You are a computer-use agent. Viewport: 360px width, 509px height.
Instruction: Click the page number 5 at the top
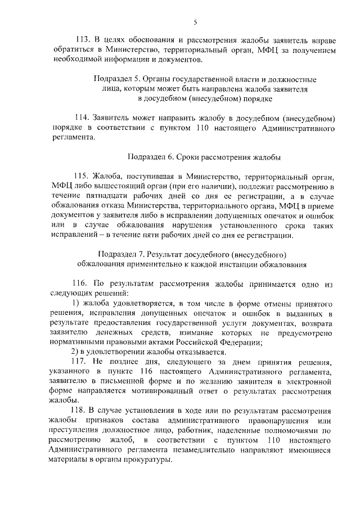195,22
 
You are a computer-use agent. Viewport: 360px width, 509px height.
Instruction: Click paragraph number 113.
83,40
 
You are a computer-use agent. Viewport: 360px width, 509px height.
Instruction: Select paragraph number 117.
82,361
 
